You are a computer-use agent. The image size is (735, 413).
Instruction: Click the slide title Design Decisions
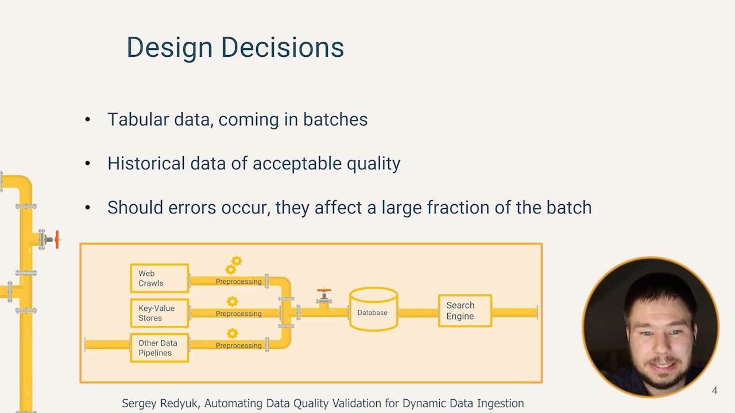pos(235,47)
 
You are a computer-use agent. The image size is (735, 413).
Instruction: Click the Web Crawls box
pos(159,278)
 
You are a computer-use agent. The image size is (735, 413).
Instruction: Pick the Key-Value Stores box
pos(159,313)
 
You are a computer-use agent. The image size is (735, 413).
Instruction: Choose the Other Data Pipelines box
pos(159,348)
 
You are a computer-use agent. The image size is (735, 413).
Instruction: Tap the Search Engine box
pos(465,311)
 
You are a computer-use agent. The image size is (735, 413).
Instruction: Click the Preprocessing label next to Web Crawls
pos(238,282)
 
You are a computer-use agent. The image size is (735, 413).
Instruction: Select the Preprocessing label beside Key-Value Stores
pos(238,314)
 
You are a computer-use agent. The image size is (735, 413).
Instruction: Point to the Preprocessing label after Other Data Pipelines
pos(238,345)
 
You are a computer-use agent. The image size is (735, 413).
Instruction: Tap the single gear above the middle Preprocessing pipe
pos(232,301)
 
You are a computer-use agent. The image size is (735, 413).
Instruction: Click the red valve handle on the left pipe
pos(56,239)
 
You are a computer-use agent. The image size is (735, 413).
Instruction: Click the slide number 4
pos(714,391)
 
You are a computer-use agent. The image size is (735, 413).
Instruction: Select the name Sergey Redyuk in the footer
pos(160,403)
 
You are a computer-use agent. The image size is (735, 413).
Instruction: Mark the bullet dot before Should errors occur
pos(87,208)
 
